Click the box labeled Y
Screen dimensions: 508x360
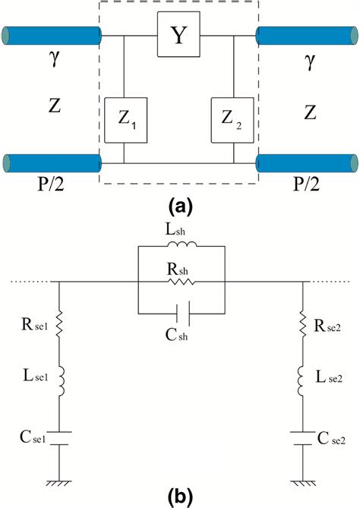[178, 36]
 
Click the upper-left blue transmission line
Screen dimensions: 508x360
[52, 35]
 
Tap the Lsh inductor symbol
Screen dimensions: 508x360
[180, 247]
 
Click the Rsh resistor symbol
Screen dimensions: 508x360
[180, 282]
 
